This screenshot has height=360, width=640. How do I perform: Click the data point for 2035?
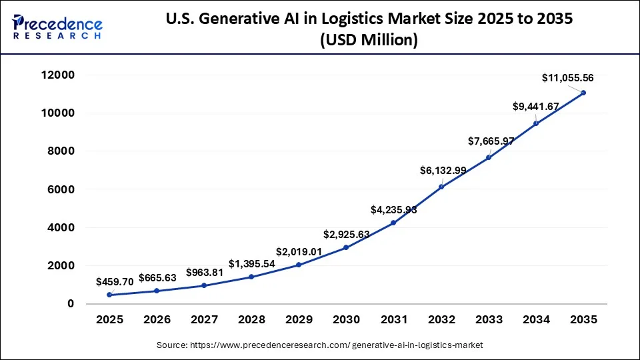(583, 93)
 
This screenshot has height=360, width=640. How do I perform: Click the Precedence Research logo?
(57, 27)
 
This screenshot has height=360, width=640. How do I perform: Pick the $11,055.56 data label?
(567, 78)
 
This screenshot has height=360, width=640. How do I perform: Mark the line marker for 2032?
(441, 187)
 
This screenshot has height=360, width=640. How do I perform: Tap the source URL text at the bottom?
(319, 345)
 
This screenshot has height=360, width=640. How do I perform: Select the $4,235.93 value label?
(394, 210)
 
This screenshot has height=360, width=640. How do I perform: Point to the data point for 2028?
(251, 277)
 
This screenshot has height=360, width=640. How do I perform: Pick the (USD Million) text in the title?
(369, 41)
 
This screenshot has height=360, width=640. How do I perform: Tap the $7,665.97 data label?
(490, 141)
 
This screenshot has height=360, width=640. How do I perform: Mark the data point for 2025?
(109, 295)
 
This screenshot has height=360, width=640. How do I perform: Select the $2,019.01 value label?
(299, 252)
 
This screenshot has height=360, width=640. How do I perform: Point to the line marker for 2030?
(346, 247)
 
